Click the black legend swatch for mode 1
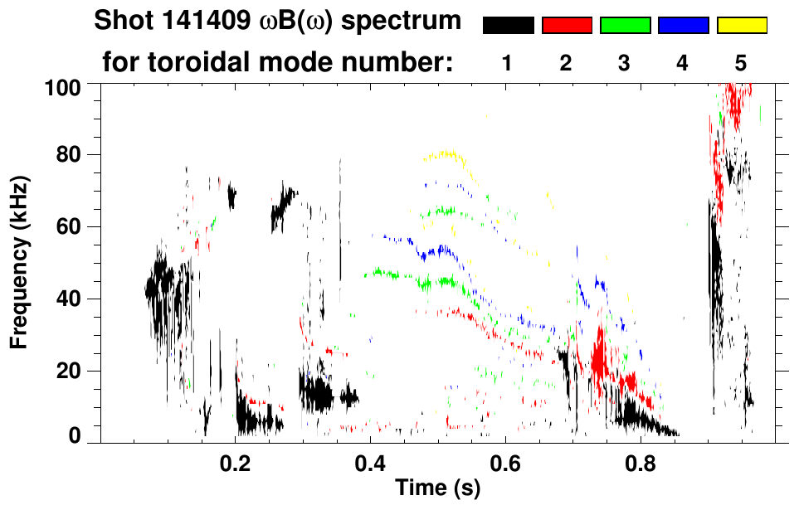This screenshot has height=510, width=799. click(x=508, y=26)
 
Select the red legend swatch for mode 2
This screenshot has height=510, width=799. click(x=567, y=26)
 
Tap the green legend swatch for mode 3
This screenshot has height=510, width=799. click(x=625, y=26)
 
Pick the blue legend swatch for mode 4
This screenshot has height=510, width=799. click(x=683, y=26)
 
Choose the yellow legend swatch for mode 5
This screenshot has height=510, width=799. click(x=742, y=26)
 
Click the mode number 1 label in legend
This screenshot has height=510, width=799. click(x=508, y=63)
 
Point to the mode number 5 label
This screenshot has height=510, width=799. click(x=741, y=63)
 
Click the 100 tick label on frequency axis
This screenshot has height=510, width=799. click(x=62, y=86)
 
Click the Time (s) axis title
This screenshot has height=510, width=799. click(x=437, y=488)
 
